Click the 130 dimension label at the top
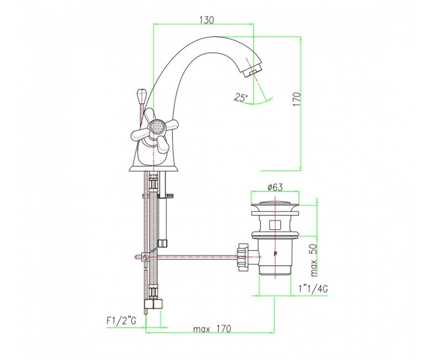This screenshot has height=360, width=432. pyautogui.click(x=207, y=20)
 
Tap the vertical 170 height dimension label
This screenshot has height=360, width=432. pyautogui.click(x=296, y=100)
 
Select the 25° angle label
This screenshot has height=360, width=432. pyautogui.click(x=241, y=97)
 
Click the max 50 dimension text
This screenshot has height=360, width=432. pyautogui.click(x=314, y=260)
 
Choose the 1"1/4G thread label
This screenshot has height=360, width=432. pyautogui.click(x=313, y=289)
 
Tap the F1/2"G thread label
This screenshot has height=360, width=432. pyautogui.click(x=121, y=321)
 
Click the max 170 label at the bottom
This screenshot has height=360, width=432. pyautogui.click(x=212, y=328)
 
